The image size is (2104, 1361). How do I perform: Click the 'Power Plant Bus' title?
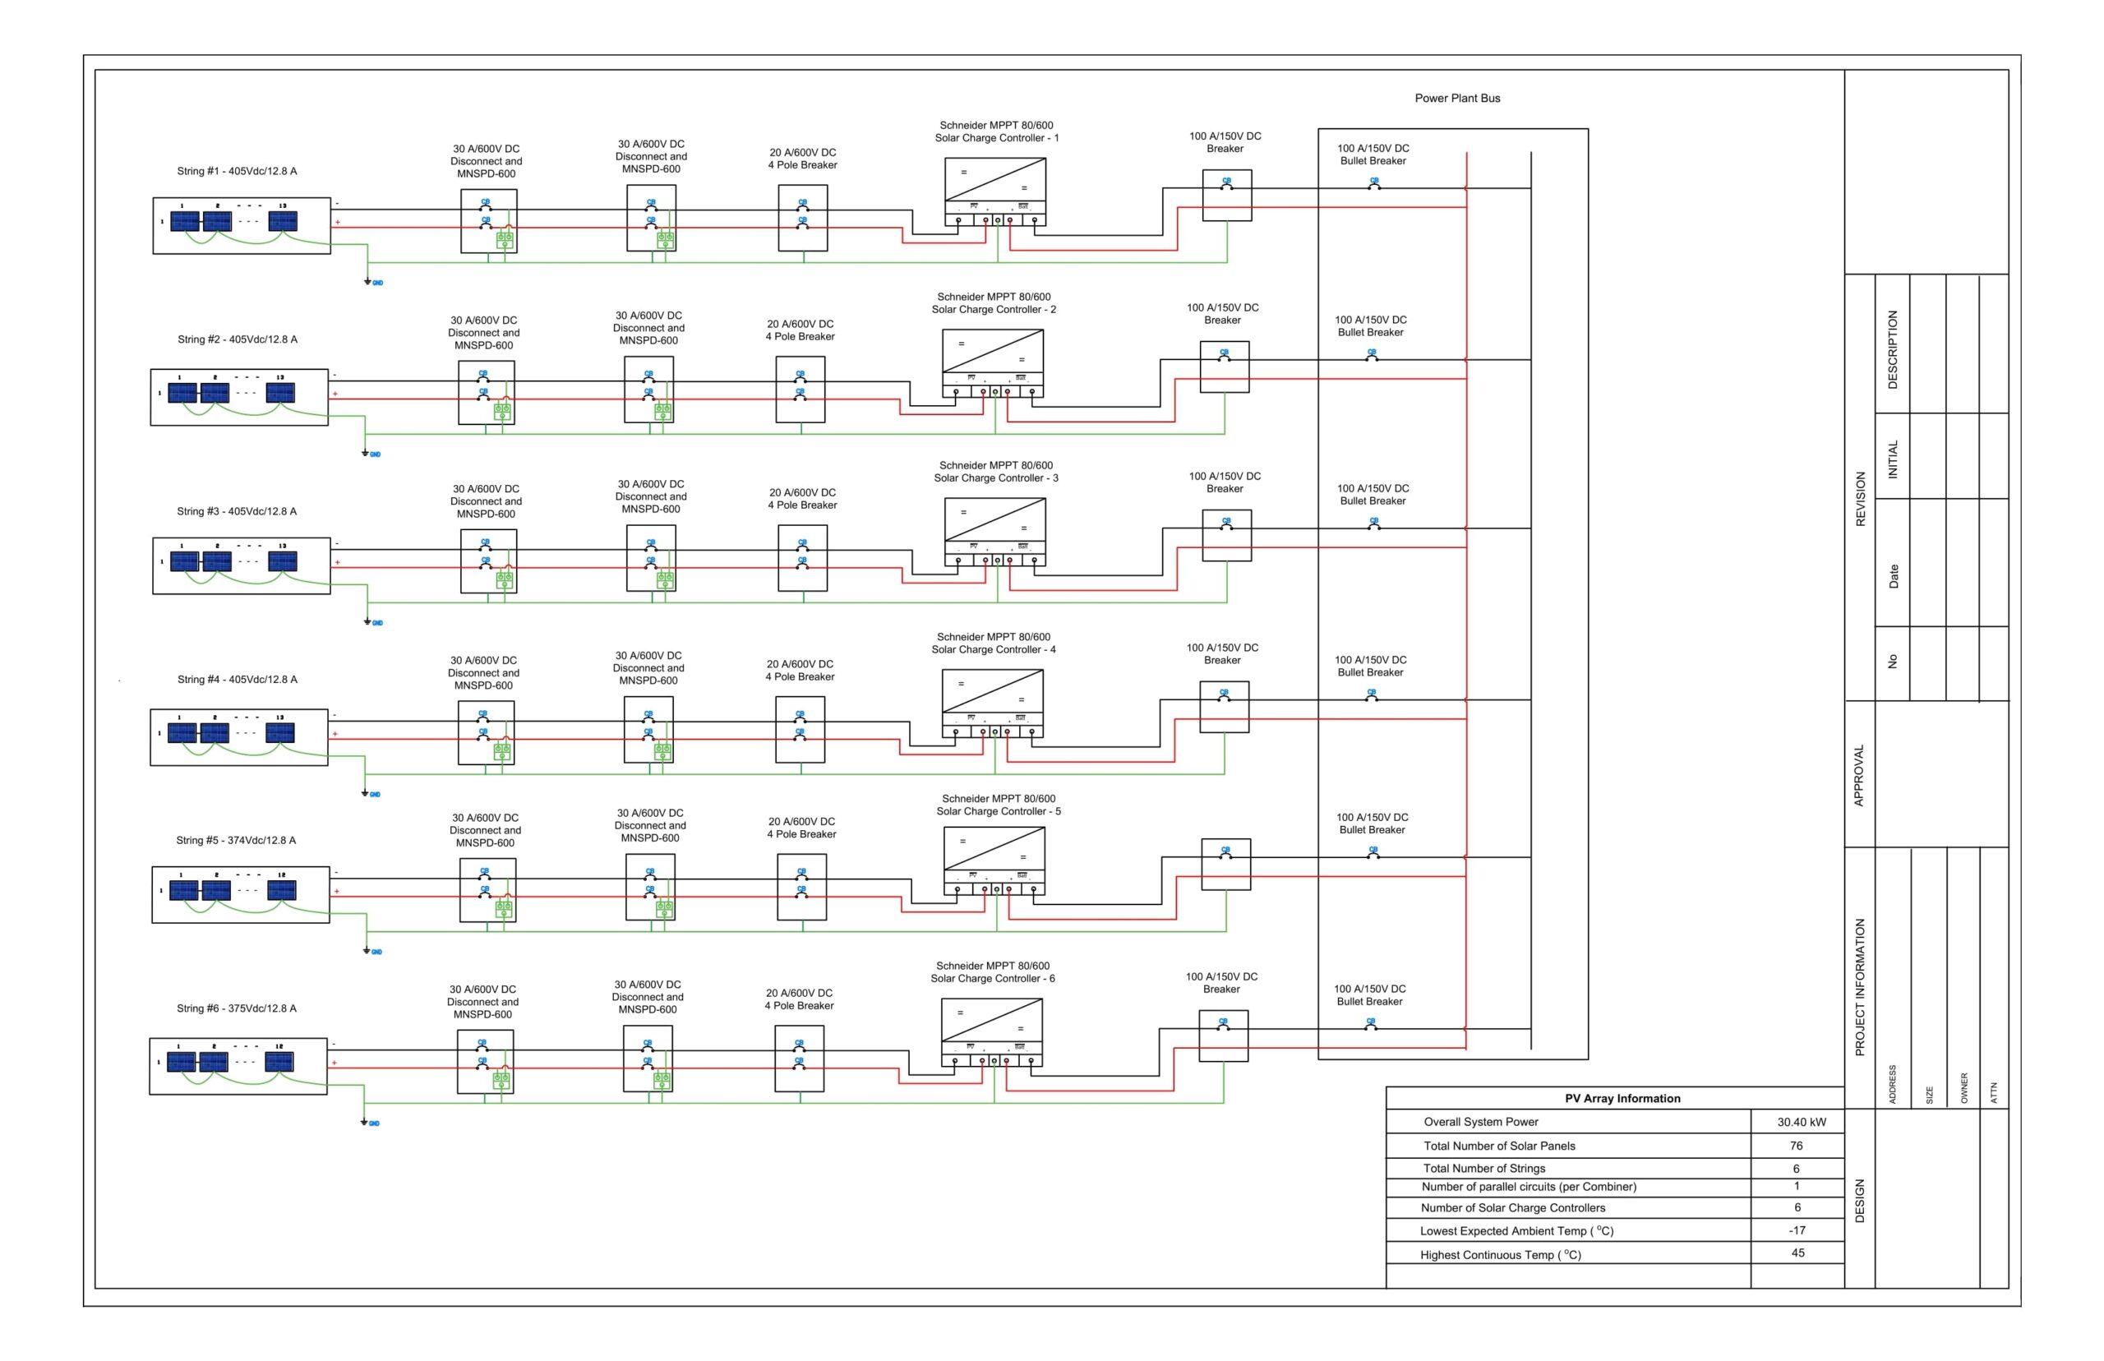point(1456,98)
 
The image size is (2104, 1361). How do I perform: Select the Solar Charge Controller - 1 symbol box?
point(995,191)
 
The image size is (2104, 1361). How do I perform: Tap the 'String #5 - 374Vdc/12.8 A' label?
point(236,840)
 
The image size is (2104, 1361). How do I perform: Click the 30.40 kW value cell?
point(1801,1122)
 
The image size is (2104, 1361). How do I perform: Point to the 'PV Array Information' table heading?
point(1622,1099)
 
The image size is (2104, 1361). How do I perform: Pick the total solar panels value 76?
point(1796,1146)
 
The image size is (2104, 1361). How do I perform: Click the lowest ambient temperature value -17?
point(1797,1230)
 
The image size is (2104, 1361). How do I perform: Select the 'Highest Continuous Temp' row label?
point(1500,1254)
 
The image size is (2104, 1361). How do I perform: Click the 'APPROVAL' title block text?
point(1858,774)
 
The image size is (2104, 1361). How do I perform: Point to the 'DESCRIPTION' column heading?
point(1892,349)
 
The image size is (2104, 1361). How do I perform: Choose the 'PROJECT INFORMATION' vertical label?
point(1859,986)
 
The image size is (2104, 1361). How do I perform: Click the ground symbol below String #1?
point(367,282)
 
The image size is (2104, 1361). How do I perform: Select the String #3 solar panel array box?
point(242,565)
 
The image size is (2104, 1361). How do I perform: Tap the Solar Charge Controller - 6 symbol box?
point(991,1031)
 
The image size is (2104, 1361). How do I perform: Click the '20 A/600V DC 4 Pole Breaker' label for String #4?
point(800,670)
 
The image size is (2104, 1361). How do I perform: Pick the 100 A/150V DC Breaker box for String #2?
point(1224,367)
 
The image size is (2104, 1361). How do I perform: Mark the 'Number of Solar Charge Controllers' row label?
point(1512,1207)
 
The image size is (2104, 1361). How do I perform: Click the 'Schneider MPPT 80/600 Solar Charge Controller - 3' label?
point(995,471)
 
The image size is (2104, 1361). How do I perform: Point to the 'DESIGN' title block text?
point(1859,1200)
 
